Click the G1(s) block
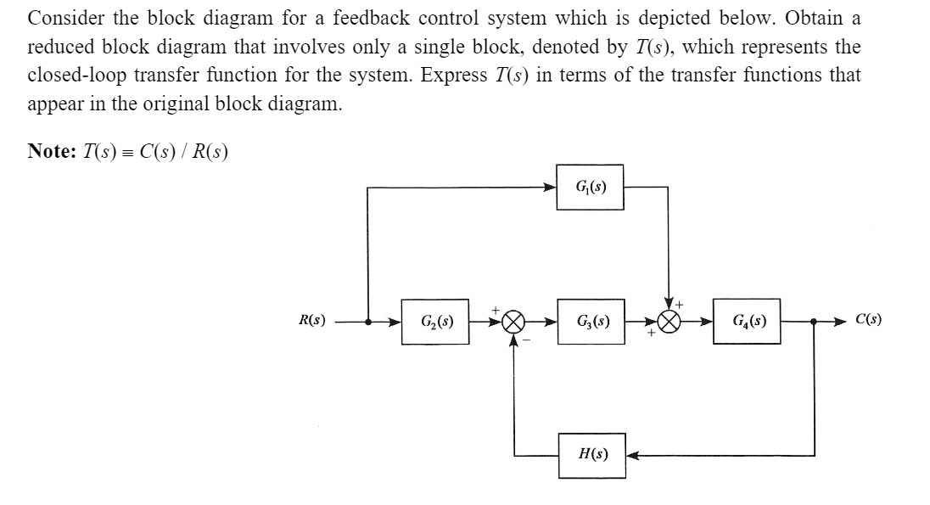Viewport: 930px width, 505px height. tap(591, 186)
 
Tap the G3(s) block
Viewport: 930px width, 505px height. tap(591, 323)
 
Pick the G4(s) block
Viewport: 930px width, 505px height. tap(746, 323)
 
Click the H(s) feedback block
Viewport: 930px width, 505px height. tap(591, 455)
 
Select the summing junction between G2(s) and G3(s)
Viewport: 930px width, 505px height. tap(514, 323)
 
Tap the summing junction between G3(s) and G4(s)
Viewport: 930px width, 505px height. tap(669, 323)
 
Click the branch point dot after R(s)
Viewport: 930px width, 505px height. tap(367, 323)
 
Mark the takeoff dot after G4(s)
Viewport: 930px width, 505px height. tap(814, 323)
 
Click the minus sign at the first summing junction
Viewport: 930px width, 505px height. tap(527, 339)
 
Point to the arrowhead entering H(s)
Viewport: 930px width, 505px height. tap(631, 455)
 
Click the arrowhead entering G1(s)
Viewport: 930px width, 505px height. tap(552, 186)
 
